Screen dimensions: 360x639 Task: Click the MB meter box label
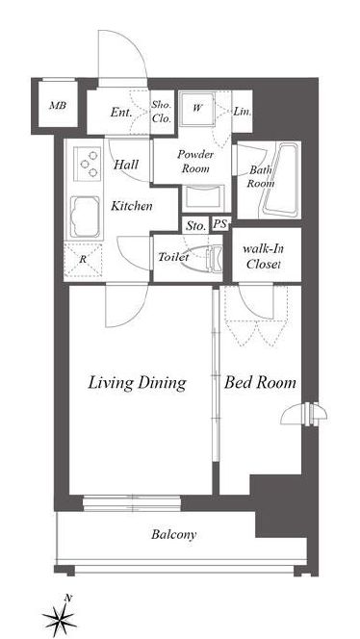tap(58, 106)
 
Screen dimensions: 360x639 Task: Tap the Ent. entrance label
tap(120, 112)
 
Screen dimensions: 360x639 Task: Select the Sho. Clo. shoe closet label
tap(162, 112)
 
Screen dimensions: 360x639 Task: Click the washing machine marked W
tap(197, 109)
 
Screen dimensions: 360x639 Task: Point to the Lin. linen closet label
tap(243, 112)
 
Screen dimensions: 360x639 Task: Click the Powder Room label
tap(195, 162)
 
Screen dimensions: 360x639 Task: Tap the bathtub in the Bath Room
tap(281, 179)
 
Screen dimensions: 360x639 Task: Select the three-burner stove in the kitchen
tap(88, 164)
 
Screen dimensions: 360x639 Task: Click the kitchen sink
tap(86, 217)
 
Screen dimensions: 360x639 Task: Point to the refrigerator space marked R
tap(83, 260)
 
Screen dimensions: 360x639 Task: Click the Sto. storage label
tap(195, 226)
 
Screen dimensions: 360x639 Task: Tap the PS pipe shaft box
tap(221, 224)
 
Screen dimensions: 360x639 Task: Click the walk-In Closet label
tap(264, 256)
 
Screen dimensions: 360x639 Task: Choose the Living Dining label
tap(138, 383)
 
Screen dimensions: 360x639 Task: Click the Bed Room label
tap(260, 382)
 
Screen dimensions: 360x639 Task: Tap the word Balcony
tap(173, 535)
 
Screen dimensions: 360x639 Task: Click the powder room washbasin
tap(203, 197)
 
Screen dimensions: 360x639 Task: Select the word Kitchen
tap(132, 206)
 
